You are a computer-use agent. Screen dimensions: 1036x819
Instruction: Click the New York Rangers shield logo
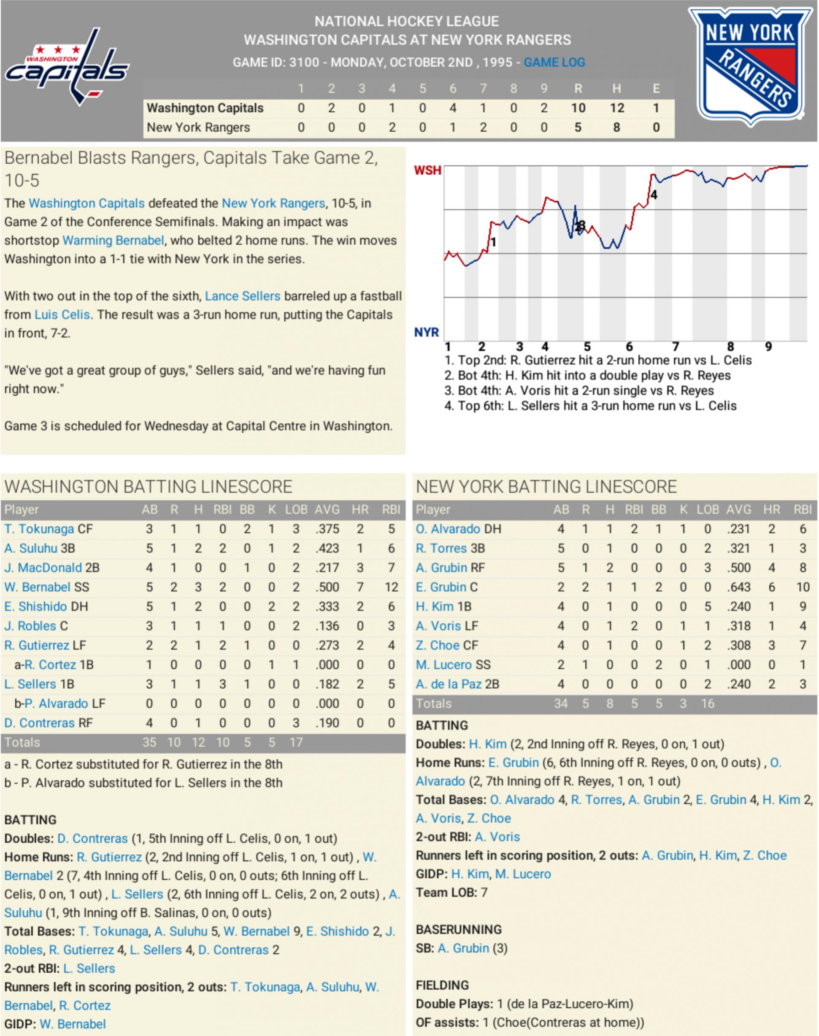[750, 67]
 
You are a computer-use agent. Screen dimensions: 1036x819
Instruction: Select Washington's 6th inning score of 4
[452, 108]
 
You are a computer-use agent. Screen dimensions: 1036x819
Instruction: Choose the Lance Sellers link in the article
[242, 296]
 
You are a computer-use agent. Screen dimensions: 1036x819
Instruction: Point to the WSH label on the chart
[427, 171]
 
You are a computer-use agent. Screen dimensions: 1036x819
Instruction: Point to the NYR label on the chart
[426, 332]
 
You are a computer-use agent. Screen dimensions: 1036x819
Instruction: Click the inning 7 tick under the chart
[675, 346]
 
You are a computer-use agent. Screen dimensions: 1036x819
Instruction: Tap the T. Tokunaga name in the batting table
[39, 529]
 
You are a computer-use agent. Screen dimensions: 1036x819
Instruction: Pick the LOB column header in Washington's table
[296, 509]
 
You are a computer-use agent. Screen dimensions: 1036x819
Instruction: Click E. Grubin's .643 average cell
[738, 587]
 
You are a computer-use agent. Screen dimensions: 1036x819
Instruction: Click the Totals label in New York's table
[433, 703]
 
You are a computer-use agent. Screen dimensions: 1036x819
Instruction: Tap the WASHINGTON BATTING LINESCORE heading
[148, 487]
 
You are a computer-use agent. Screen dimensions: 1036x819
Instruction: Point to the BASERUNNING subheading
[458, 930]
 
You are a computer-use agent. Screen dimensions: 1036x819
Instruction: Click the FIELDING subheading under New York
[442, 985]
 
